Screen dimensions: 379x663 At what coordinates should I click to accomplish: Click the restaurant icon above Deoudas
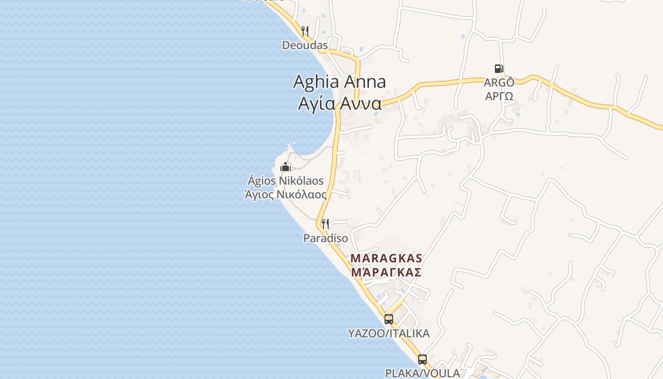pos(305,31)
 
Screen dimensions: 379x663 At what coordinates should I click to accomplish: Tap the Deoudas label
pos(305,45)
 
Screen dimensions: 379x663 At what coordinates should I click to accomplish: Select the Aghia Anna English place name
pos(339,82)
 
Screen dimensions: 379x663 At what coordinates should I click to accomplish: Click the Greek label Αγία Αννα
pos(340,103)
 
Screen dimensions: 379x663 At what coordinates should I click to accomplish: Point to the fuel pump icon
pos(499,69)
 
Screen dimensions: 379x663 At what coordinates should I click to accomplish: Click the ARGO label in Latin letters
pos(499,82)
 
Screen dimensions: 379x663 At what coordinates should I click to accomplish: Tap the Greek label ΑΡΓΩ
pos(499,96)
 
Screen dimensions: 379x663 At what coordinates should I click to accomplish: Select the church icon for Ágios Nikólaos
pos(286,167)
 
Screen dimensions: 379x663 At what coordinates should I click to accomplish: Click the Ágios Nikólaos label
pos(286,181)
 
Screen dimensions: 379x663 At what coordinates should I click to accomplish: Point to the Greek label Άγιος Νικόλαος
pos(286,194)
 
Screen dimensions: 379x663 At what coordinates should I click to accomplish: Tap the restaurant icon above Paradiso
pos(325,224)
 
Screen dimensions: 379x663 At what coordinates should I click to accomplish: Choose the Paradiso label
pos(325,238)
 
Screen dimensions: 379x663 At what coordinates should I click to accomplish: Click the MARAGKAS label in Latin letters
pos(386,259)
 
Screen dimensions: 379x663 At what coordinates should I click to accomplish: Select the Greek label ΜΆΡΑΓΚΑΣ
pos(386,272)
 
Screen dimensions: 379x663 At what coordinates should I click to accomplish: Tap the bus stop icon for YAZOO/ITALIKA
pos(389,319)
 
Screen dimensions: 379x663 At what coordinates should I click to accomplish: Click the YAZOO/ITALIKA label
pos(389,334)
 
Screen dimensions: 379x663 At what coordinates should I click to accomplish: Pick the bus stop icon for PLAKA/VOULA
pos(422,360)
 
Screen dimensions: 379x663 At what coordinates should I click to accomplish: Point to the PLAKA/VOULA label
pos(422,373)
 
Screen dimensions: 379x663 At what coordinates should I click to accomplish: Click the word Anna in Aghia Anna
pos(364,82)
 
